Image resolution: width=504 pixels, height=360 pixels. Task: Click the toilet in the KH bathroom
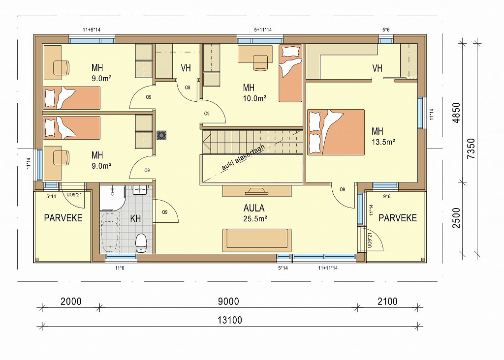point(141,243)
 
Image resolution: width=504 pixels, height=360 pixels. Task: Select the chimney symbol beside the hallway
point(161,135)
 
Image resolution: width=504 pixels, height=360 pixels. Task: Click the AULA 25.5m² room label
point(254,213)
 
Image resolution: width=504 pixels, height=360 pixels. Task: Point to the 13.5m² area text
point(383,142)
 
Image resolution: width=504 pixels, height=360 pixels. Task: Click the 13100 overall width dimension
point(229,320)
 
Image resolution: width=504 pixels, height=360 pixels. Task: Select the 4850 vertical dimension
point(456,113)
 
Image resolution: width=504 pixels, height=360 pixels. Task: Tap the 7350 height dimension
point(471,149)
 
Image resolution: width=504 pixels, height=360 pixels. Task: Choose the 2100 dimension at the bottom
point(387,301)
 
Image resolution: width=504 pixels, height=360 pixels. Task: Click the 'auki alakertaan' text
point(243,157)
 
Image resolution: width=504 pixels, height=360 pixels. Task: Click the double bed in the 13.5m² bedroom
point(336,132)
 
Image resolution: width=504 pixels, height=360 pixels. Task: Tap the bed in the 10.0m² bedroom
point(290,73)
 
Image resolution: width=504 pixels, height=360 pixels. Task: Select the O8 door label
point(188,88)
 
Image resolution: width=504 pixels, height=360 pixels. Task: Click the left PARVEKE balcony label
point(63,218)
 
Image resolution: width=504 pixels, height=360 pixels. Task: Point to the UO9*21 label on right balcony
point(369,240)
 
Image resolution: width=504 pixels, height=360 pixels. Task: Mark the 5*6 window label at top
point(386,30)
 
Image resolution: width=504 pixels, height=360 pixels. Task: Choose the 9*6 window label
point(387,196)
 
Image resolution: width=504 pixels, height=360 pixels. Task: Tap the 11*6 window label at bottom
point(120,268)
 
